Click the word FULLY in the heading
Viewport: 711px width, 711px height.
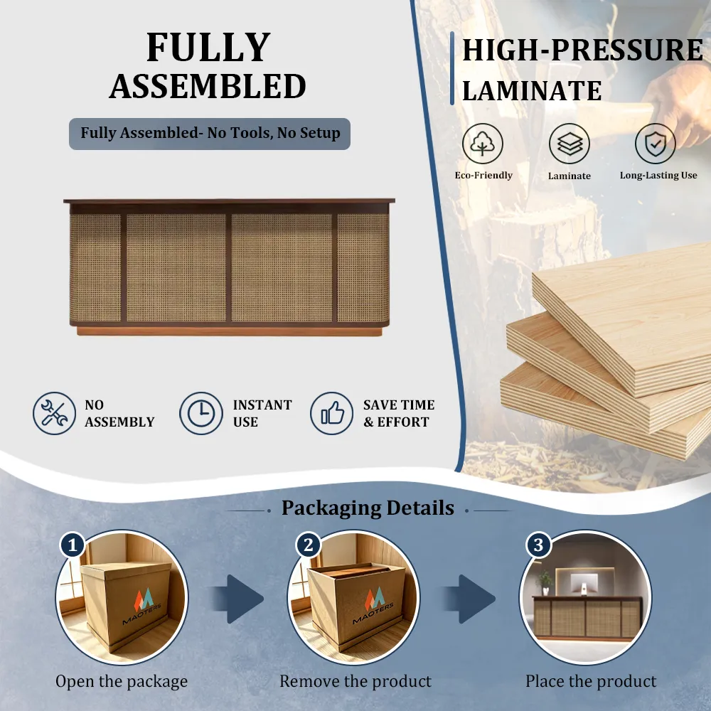pyautogui.click(x=208, y=47)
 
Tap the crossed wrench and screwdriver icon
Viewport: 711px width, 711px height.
pyautogui.click(x=55, y=414)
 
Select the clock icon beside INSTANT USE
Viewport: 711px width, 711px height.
pyautogui.click(x=201, y=414)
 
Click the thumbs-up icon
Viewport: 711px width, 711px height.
pyautogui.click(x=331, y=414)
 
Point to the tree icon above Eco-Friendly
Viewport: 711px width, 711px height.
pyautogui.click(x=483, y=144)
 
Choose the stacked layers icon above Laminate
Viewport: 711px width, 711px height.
pyautogui.click(x=569, y=144)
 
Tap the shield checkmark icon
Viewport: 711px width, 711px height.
pyautogui.click(x=656, y=144)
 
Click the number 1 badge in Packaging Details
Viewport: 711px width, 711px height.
pyautogui.click(x=73, y=545)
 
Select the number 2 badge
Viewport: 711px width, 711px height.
pyautogui.click(x=309, y=545)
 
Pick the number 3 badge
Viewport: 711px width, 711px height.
pyautogui.click(x=538, y=545)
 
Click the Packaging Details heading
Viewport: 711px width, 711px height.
pyautogui.click(x=368, y=508)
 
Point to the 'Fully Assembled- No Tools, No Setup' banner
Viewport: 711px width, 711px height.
pyautogui.click(x=210, y=134)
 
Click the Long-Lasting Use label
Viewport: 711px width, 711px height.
pyautogui.click(x=658, y=175)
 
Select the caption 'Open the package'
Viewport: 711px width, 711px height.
pyautogui.click(x=122, y=681)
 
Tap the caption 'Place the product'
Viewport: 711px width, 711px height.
pyautogui.click(x=591, y=681)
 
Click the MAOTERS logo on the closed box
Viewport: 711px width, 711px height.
pyautogui.click(x=144, y=606)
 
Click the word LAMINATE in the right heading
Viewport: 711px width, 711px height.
pyautogui.click(x=532, y=91)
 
